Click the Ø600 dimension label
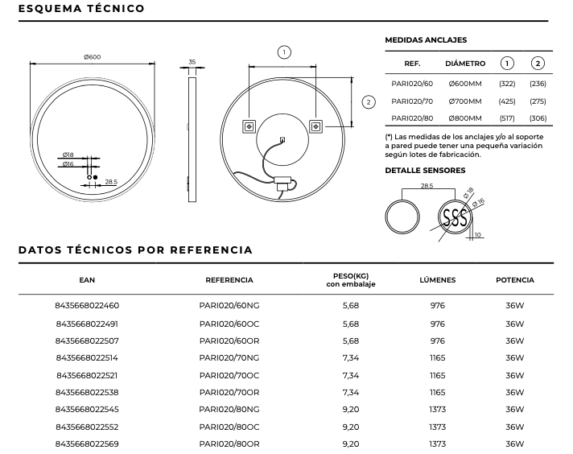92,56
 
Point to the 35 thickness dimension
192,61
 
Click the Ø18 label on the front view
68,155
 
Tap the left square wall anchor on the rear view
249,126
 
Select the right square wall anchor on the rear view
315,126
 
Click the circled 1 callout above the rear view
283,52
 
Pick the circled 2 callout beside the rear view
369,102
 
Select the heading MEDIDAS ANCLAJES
426,39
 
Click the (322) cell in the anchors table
507,84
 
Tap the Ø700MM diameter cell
464,101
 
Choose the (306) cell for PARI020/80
538,119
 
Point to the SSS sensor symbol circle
455,217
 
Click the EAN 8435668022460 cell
87,306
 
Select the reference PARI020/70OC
229,375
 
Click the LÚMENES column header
437,280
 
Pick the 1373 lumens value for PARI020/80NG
437,410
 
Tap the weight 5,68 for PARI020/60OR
350,340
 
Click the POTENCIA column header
515,280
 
